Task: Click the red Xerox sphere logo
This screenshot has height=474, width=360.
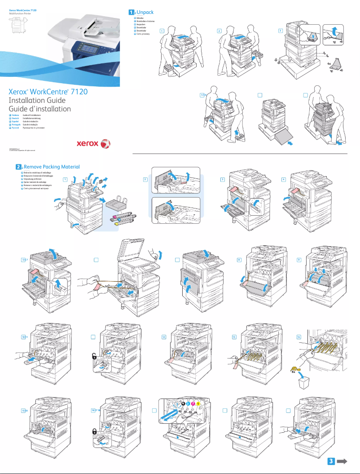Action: point(105,144)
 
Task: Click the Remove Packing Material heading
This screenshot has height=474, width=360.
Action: point(52,167)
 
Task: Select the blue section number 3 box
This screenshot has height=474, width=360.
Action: point(330,461)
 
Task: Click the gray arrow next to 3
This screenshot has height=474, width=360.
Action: point(343,461)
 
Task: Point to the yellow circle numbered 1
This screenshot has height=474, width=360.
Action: point(198,403)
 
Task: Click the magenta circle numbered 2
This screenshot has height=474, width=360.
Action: point(192,403)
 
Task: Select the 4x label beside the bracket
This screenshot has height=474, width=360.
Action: point(329,64)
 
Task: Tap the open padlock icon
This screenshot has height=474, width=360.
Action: point(95,356)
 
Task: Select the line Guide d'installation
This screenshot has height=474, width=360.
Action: point(40,109)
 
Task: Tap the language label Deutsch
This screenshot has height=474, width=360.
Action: point(15,119)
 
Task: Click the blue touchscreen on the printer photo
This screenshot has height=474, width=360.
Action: point(85,46)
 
